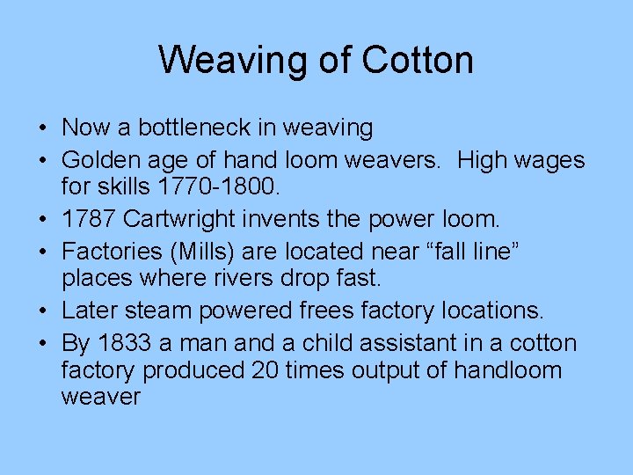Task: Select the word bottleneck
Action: tap(182, 128)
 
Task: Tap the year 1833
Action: tap(126, 343)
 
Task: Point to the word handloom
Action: tap(507, 369)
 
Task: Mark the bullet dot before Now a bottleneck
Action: tap(43, 128)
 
